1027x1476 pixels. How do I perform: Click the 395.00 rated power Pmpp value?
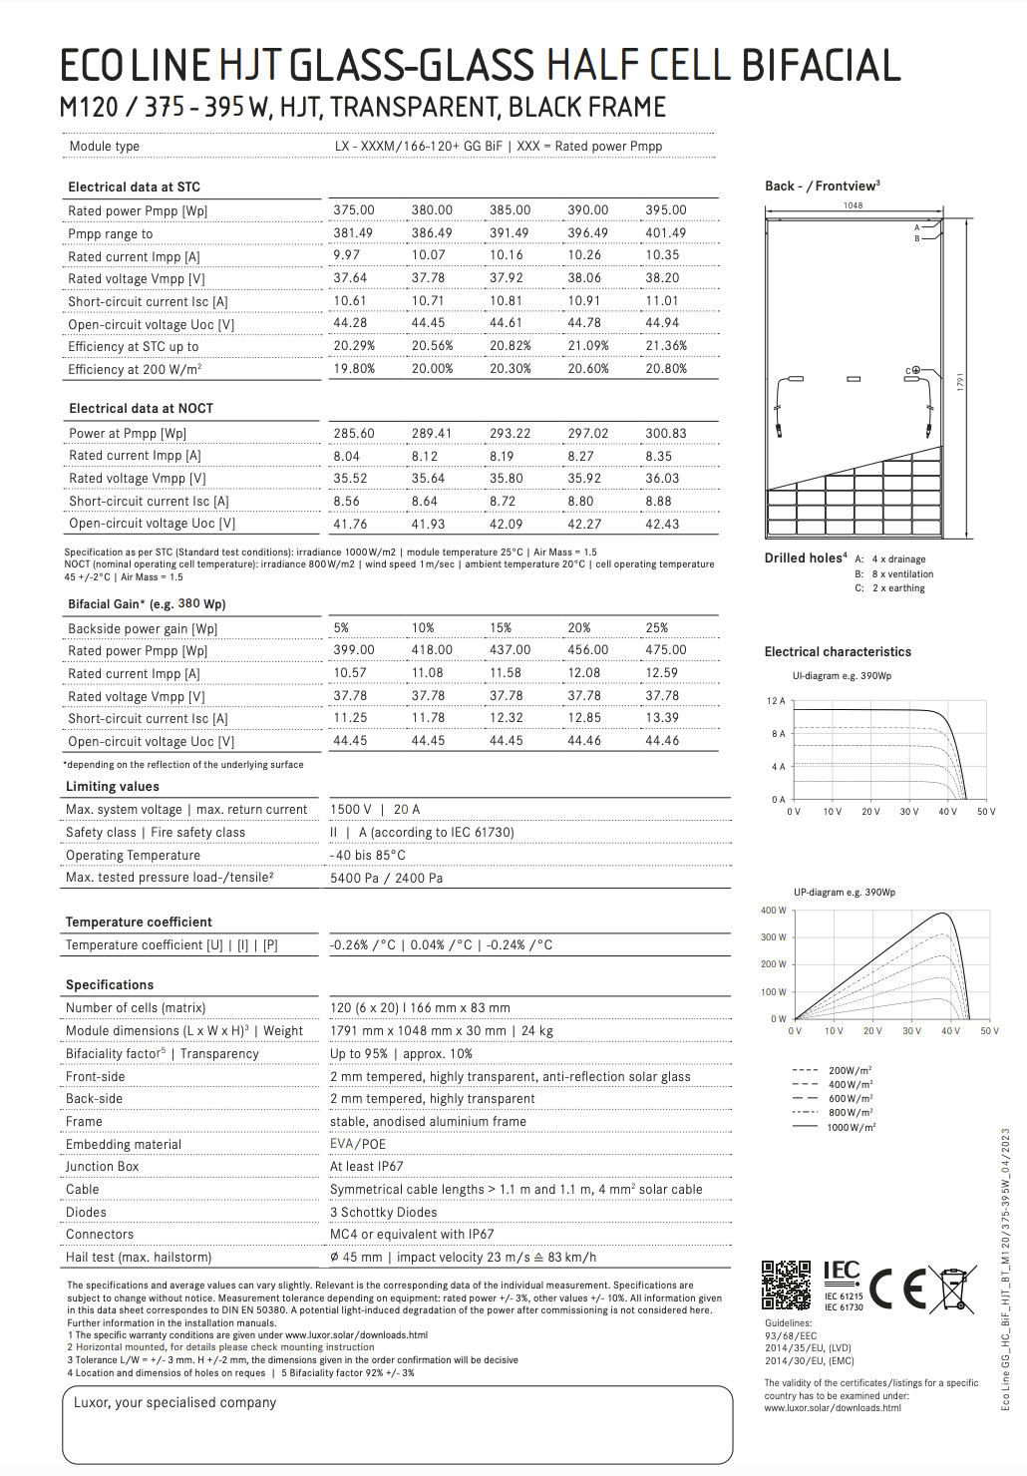[665, 210]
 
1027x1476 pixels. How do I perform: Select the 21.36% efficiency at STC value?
[665, 346]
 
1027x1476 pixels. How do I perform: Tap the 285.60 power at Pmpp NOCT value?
[354, 434]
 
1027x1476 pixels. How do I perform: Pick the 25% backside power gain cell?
[656, 628]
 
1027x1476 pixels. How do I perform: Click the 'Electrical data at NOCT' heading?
[141, 409]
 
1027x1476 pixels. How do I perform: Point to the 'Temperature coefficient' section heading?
[139, 922]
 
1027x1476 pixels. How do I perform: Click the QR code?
[787, 1285]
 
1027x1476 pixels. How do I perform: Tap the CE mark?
[897, 1289]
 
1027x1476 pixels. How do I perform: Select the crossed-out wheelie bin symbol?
[954, 1288]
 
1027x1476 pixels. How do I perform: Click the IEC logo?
[842, 1271]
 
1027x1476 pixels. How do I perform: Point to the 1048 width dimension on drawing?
[853, 205]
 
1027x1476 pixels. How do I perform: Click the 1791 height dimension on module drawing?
[961, 382]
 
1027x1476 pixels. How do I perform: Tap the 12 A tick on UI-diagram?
[776, 701]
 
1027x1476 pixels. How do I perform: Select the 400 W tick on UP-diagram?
[774, 911]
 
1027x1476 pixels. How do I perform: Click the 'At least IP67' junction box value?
[366, 1167]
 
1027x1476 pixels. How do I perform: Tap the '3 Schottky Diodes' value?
[383, 1213]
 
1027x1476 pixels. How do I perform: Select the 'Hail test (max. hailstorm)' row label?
[139, 1258]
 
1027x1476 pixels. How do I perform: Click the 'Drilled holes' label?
[805, 558]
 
